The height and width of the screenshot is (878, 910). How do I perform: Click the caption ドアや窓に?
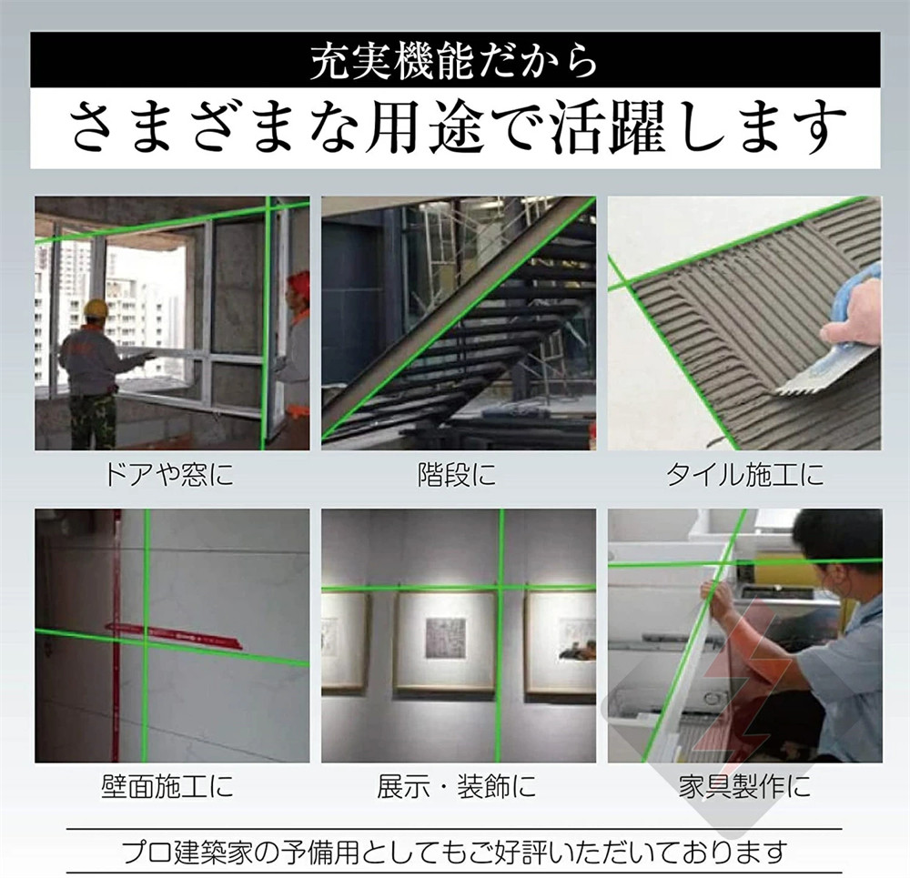(x=169, y=475)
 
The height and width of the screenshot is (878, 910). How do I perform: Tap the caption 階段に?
(x=458, y=475)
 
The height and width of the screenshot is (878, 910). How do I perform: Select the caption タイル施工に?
(x=744, y=475)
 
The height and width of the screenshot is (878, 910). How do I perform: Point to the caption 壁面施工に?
(x=167, y=787)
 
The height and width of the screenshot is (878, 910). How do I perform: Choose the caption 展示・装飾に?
(x=456, y=787)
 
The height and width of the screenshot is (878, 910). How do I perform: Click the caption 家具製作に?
(x=744, y=787)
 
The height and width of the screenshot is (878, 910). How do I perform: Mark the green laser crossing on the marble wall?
(x=147, y=640)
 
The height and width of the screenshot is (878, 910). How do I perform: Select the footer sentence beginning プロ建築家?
(x=455, y=852)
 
